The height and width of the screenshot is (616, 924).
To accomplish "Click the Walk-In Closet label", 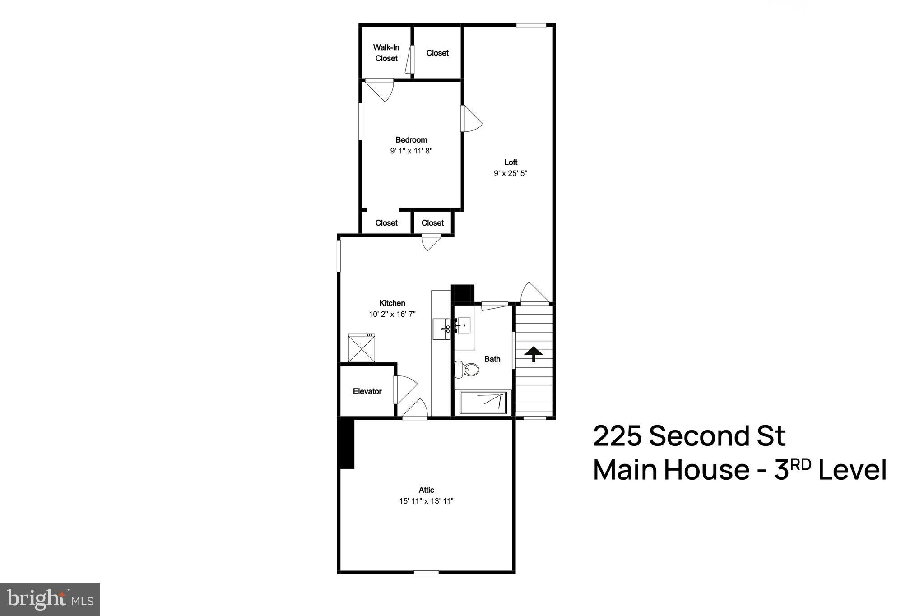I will [386, 53].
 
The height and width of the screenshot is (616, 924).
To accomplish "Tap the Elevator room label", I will [367, 391].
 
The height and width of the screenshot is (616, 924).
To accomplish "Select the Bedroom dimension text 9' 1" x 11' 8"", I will [411, 151].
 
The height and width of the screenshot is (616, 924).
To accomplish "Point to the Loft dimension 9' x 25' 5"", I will [511, 173].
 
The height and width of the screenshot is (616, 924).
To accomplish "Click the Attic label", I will [426, 490].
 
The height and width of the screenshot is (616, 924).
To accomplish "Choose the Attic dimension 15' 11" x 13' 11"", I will [426, 501].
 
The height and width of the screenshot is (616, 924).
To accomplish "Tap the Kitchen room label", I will [392, 303].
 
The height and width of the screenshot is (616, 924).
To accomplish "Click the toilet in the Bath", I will [467, 370].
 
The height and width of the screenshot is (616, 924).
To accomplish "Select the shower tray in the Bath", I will [483, 402].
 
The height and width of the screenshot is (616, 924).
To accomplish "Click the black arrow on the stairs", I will [534, 353].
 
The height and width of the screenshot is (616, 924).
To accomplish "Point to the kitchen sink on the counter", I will [441, 329].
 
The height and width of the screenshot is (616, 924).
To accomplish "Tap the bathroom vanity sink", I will [463, 325].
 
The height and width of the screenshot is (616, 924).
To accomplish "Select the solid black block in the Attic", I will [347, 444].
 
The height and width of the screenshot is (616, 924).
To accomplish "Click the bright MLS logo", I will [50, 599].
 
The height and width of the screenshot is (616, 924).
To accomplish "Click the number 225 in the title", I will [617, 436].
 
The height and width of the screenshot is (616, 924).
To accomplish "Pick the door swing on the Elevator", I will [406, 389].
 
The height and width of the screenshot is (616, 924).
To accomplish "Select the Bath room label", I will [492, 359].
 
